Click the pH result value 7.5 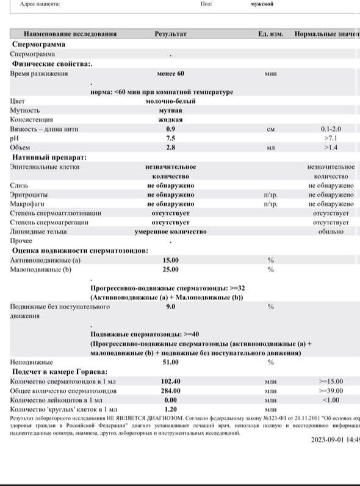(x=170, y=138)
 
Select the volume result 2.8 (x=170, y=148)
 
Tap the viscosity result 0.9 (x=170, y=129)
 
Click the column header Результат (x=170, y=34)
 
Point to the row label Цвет (x=18, y=101)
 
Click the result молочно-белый (x=170, y=101)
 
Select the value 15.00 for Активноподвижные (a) (x=170, y=260)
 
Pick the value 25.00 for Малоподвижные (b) (x=170, y=270)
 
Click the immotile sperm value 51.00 (x=170, y=362)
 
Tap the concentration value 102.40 (x=170, y=381)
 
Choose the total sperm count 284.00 (x=170, y=391)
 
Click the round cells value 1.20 (x=170, y=409)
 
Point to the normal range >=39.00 (x=331, y=391)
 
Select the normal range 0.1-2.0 (x=331, y=129)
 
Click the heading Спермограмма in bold (x=38, y=45)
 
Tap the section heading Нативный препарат (x=49, y=157)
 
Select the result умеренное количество (x=170, y=232)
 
